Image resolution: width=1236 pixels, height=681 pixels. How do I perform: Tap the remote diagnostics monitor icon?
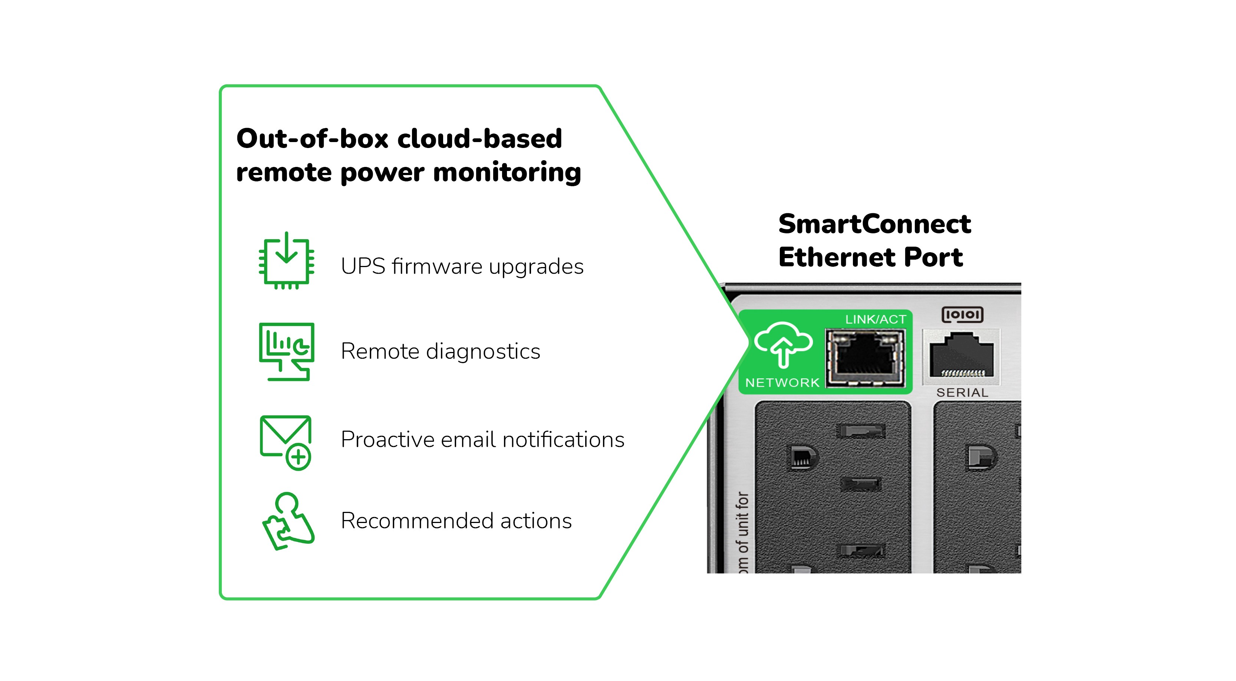[x=286, y=351]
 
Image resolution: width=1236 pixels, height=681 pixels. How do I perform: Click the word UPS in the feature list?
[x=363, y=266]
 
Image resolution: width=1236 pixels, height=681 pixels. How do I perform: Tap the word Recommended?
[x=417, y=521]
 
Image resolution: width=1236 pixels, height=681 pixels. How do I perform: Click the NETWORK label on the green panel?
[x=782, y=382]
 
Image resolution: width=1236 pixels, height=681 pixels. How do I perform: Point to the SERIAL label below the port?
[x=962, y=392]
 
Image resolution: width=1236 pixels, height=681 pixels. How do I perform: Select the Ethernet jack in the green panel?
[x=865, y=358]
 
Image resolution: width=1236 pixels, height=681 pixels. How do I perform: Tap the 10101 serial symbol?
[x=962, y=315]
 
